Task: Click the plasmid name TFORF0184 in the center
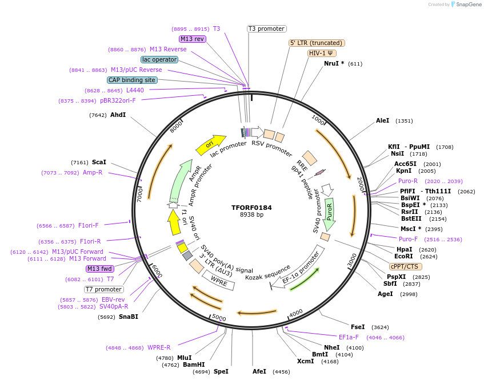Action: click(251, 208)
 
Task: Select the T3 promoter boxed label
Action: click(266, 29)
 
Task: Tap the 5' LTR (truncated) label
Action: click(317, 43)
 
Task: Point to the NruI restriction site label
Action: click(334, 63)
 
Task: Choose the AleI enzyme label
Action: click(383, 121)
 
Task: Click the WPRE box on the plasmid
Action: click(219, 280)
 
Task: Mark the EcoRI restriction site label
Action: click(403, 257)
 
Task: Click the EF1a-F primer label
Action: click(349, 337)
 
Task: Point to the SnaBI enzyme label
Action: click(128, 317)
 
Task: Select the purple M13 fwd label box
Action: click(99, 269)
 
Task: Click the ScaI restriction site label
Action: click(99, 163)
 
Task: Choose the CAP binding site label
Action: click(132, 80)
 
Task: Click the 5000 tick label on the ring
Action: click(219, 317)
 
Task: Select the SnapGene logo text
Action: click(465, 5)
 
